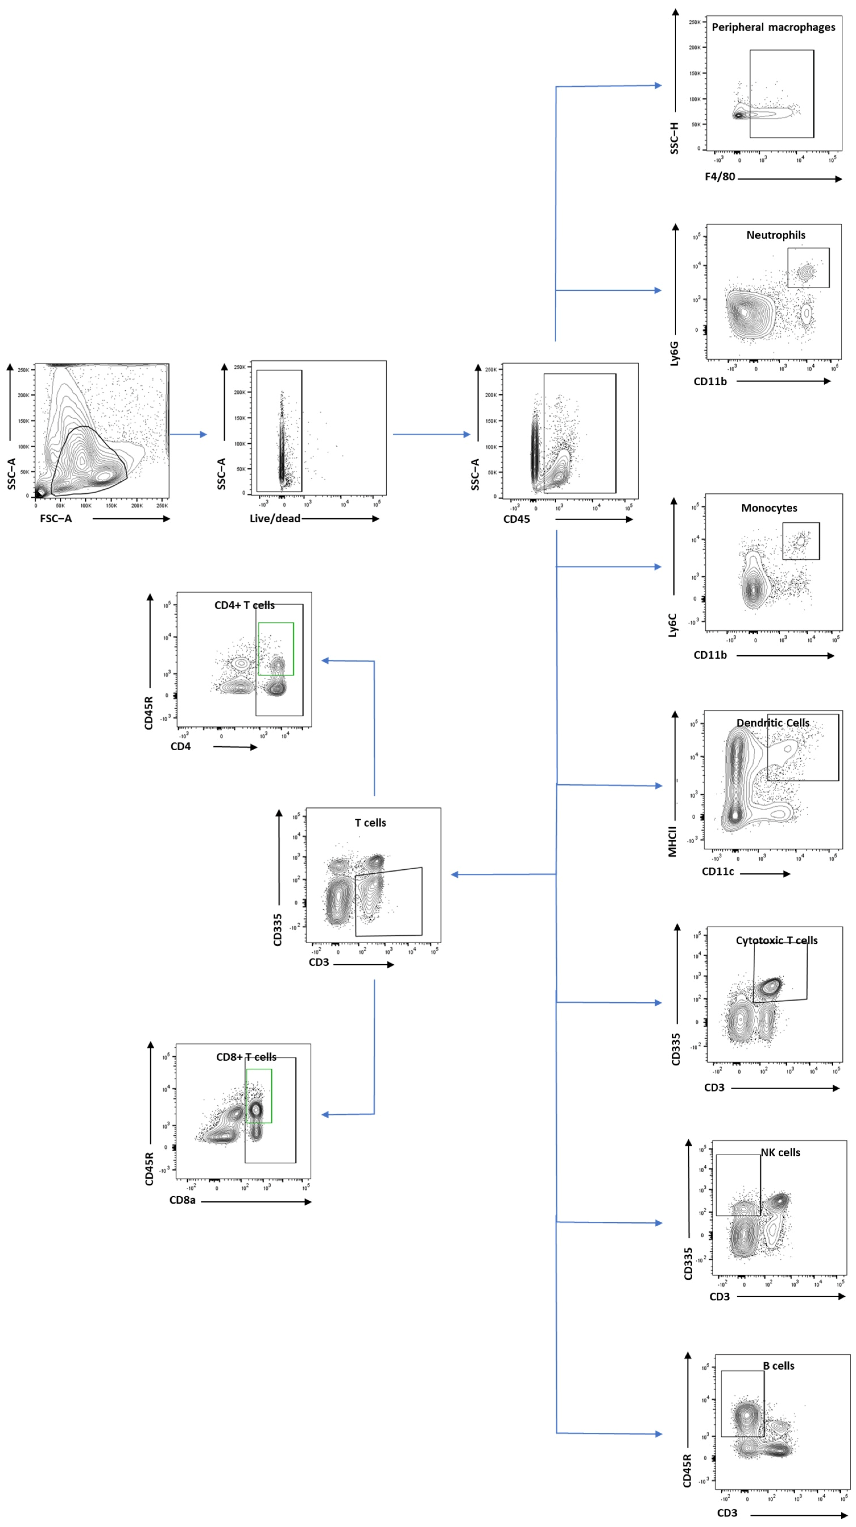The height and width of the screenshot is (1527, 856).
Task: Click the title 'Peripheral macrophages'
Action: coord(773,27)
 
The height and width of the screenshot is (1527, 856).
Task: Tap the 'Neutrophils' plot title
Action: coord(775,235)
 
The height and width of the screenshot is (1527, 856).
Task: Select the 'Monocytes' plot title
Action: coord(769,508)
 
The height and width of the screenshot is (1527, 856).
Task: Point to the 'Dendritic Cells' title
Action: coord(772,723)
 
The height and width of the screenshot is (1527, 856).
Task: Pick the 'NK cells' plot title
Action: coord(780,1152)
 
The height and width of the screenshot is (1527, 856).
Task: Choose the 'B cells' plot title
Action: coord(778,1366)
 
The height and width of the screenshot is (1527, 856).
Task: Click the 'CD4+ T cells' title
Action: coord(244,605)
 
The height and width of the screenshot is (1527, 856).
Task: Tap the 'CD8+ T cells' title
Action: coord(246,1057)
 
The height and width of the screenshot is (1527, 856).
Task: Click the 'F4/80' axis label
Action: coord(720,177)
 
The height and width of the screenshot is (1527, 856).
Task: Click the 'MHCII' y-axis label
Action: coord(672,842)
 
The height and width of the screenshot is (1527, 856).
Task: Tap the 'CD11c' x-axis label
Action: coord(717,871)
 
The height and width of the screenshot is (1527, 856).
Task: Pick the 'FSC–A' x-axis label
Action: coord(56,519)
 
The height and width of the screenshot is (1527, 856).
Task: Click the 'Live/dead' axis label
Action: coord(274,519)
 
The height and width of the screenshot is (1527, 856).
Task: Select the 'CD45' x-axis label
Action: coord(516,519)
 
